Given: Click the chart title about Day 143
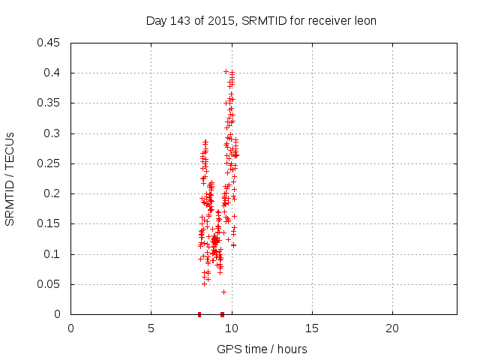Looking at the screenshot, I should point(260,20).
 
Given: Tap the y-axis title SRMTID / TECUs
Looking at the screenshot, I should point(10,178).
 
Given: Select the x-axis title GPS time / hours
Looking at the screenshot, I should point(262,349).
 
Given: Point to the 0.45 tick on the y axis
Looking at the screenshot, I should point(50,43).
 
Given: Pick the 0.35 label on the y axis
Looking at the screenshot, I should point(50,103).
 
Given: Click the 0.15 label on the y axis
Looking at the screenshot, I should point(50,223).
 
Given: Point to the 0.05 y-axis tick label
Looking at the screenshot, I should point(50,284).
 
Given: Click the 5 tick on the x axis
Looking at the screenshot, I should point(151,328).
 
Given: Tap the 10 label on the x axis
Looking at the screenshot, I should point(232,328).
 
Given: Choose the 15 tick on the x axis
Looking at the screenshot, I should point(312,328).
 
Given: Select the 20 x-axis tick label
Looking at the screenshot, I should point(392,328).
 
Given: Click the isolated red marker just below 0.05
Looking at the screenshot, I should point(223,291).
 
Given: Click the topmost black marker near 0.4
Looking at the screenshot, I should point(226,71).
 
